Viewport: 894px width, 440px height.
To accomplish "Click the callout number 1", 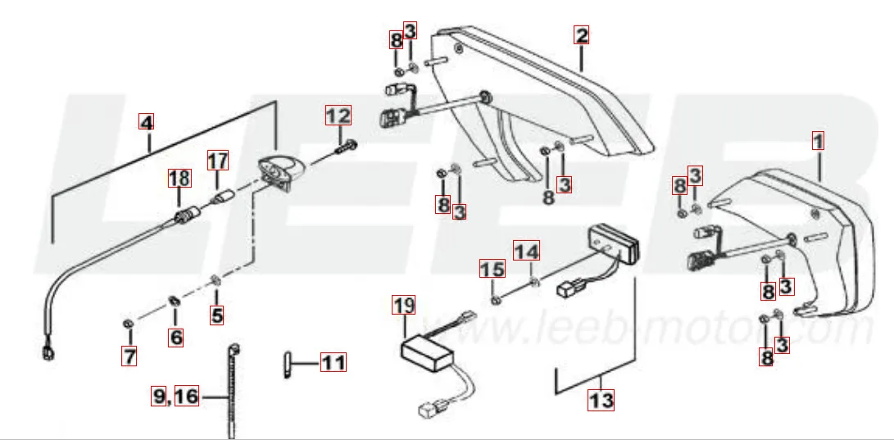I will point(818,140).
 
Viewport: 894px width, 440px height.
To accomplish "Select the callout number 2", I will point(582,35).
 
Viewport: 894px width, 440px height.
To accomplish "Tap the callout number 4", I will point(146,123).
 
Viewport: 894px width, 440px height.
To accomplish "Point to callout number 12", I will point(338,116).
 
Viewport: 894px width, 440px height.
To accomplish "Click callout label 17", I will point(217,160).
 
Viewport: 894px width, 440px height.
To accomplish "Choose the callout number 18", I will point(179,177).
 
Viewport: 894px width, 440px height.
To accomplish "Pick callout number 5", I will point(216,314).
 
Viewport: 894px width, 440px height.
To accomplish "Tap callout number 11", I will point(333,361).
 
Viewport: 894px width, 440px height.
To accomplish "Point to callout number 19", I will point(403,306).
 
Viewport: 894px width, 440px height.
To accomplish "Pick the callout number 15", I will point(492,268).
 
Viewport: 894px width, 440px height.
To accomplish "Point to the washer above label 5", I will point(216,281).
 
